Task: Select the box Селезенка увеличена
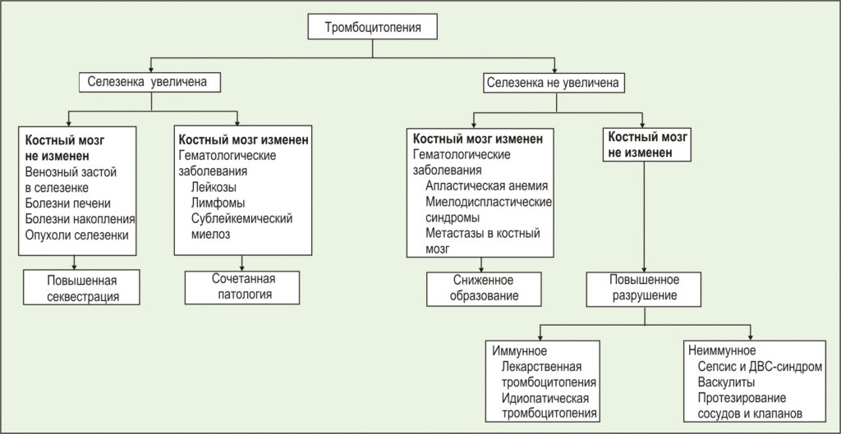pyautogui.click(x=152, y=83)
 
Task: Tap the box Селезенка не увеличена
pyautogui.click(x=553, y=83)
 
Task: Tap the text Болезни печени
pyautogui.click(x=67, y=203)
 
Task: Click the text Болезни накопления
pyautogui.click(x=80, y=219)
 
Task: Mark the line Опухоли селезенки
pyautogui.click(x=77, y=235)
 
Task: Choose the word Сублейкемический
pyautogui.click(x=241, y=218)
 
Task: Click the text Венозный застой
pyautogui.click(x=71, y=171)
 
